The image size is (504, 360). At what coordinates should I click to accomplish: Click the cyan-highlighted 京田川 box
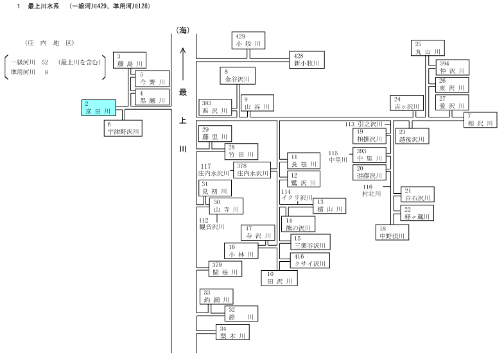coord(99,108)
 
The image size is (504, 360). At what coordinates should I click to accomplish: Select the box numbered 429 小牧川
coord(248,40)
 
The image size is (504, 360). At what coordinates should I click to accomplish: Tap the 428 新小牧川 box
coord(307,60)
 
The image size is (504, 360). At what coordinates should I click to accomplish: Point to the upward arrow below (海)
coord(183,64)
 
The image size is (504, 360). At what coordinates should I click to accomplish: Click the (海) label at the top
coord(183,30)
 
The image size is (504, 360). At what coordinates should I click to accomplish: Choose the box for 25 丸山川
coord(428,48)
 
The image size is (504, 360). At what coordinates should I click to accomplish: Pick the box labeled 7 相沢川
coord(480,120)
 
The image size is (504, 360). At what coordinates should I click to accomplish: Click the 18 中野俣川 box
coord(392,232)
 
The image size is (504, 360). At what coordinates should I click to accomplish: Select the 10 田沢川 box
coord(279,278)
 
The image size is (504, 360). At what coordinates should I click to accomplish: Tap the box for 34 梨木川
coord(232,332)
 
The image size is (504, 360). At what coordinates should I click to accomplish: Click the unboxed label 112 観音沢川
coord(212,223)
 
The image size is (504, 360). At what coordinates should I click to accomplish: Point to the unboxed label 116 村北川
coord(372,190)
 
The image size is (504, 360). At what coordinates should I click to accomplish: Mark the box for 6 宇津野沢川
coord(123,128)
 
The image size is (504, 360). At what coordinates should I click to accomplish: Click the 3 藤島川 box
coord(130,60)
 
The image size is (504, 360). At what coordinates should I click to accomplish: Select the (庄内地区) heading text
coord(49,43)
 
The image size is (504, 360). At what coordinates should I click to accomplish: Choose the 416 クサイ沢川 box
coord(310,260)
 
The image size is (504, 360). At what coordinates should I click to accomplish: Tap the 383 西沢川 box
coord(215,107)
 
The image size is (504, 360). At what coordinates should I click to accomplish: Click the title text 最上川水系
coord(44,6)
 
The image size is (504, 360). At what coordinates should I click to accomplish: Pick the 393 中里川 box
coord(369,155)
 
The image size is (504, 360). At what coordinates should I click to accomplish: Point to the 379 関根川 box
coord(225,269)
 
